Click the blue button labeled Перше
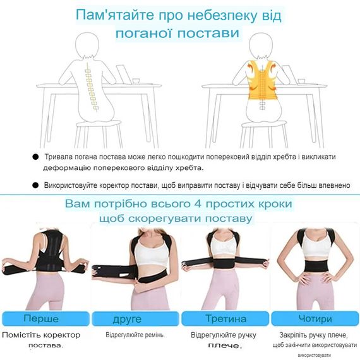45,319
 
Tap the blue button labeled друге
135,319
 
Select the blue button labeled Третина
225,319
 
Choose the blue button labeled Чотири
315,319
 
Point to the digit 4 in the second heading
198,204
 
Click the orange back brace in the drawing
262,80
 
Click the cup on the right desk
301,81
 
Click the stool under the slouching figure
99,135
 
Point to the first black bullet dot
35,157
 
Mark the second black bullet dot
35,185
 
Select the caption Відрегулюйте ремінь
135,335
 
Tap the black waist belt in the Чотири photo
315,265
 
